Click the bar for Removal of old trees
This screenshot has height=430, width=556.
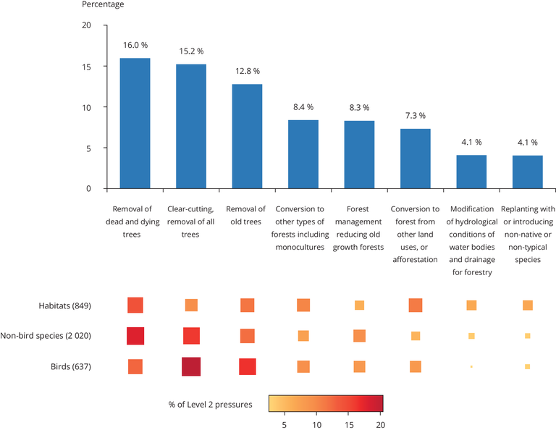coord(247,136)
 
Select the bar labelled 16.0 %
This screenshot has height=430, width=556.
coord(135,123)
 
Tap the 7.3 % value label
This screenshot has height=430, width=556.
coord(415,116)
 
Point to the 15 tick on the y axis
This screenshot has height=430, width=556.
coord(86,67)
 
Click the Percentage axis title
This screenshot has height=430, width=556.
coord(102,5)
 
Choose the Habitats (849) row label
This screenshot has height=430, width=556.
coord(65,305)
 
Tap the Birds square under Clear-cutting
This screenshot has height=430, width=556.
coord(190,366)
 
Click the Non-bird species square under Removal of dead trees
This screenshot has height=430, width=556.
coord(135,336)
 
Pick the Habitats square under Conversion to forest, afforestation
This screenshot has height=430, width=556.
coord(415,305)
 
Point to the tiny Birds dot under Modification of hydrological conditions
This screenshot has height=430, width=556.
coord(471,367)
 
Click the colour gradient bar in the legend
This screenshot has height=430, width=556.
coord(325,402)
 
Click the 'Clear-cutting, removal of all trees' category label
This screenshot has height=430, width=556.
coord(191,222)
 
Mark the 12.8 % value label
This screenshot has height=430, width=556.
coord(247,71)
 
